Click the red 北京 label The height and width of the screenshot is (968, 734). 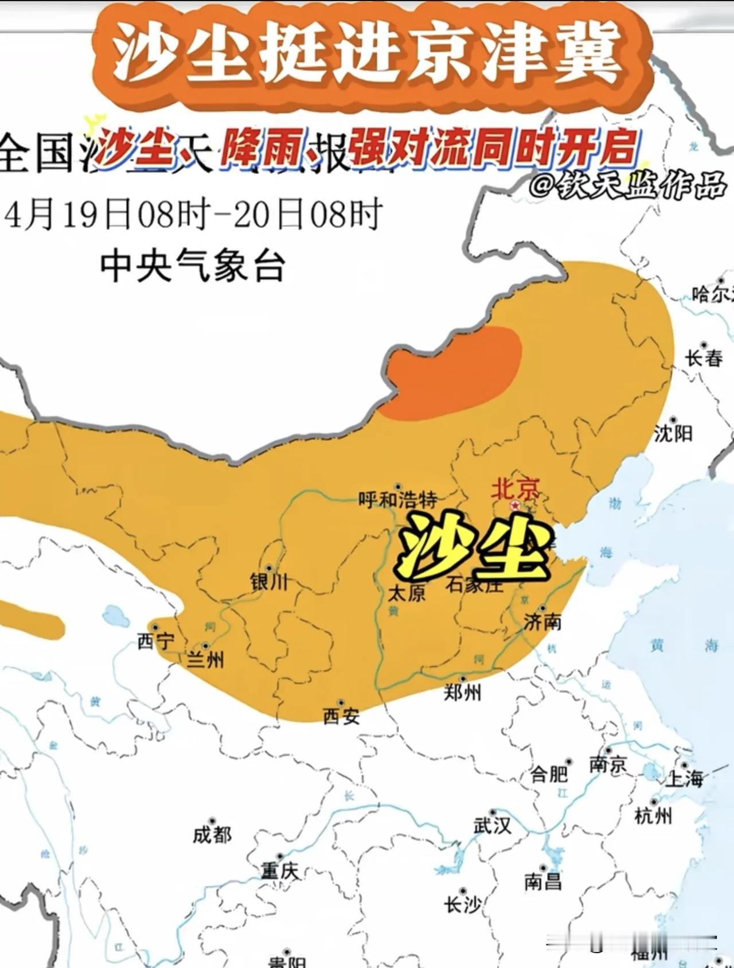tap(514, 489)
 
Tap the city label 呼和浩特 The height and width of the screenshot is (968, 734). tap(397, 499)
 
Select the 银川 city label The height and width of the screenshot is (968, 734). tap(269, 582)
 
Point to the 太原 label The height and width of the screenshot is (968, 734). tap(407, 593)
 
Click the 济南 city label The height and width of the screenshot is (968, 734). tap(542, 621)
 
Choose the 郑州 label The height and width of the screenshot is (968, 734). tap(462, 693)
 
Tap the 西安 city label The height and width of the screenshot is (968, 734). tap(341, 716)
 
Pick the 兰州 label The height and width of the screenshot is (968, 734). tap(205, 660)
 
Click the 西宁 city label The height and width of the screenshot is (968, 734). tap(155, 641)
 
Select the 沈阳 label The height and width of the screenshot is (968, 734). tap(673, 433)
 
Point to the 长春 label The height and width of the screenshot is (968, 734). tap(704, 359)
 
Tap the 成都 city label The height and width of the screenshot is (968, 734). tap(212, 835)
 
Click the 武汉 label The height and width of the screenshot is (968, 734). tap(491, 826)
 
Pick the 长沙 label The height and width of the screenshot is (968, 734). tap(462, 905)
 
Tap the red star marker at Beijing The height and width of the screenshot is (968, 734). tap(515, 506)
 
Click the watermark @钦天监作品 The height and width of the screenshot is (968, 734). tap(627, 186)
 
